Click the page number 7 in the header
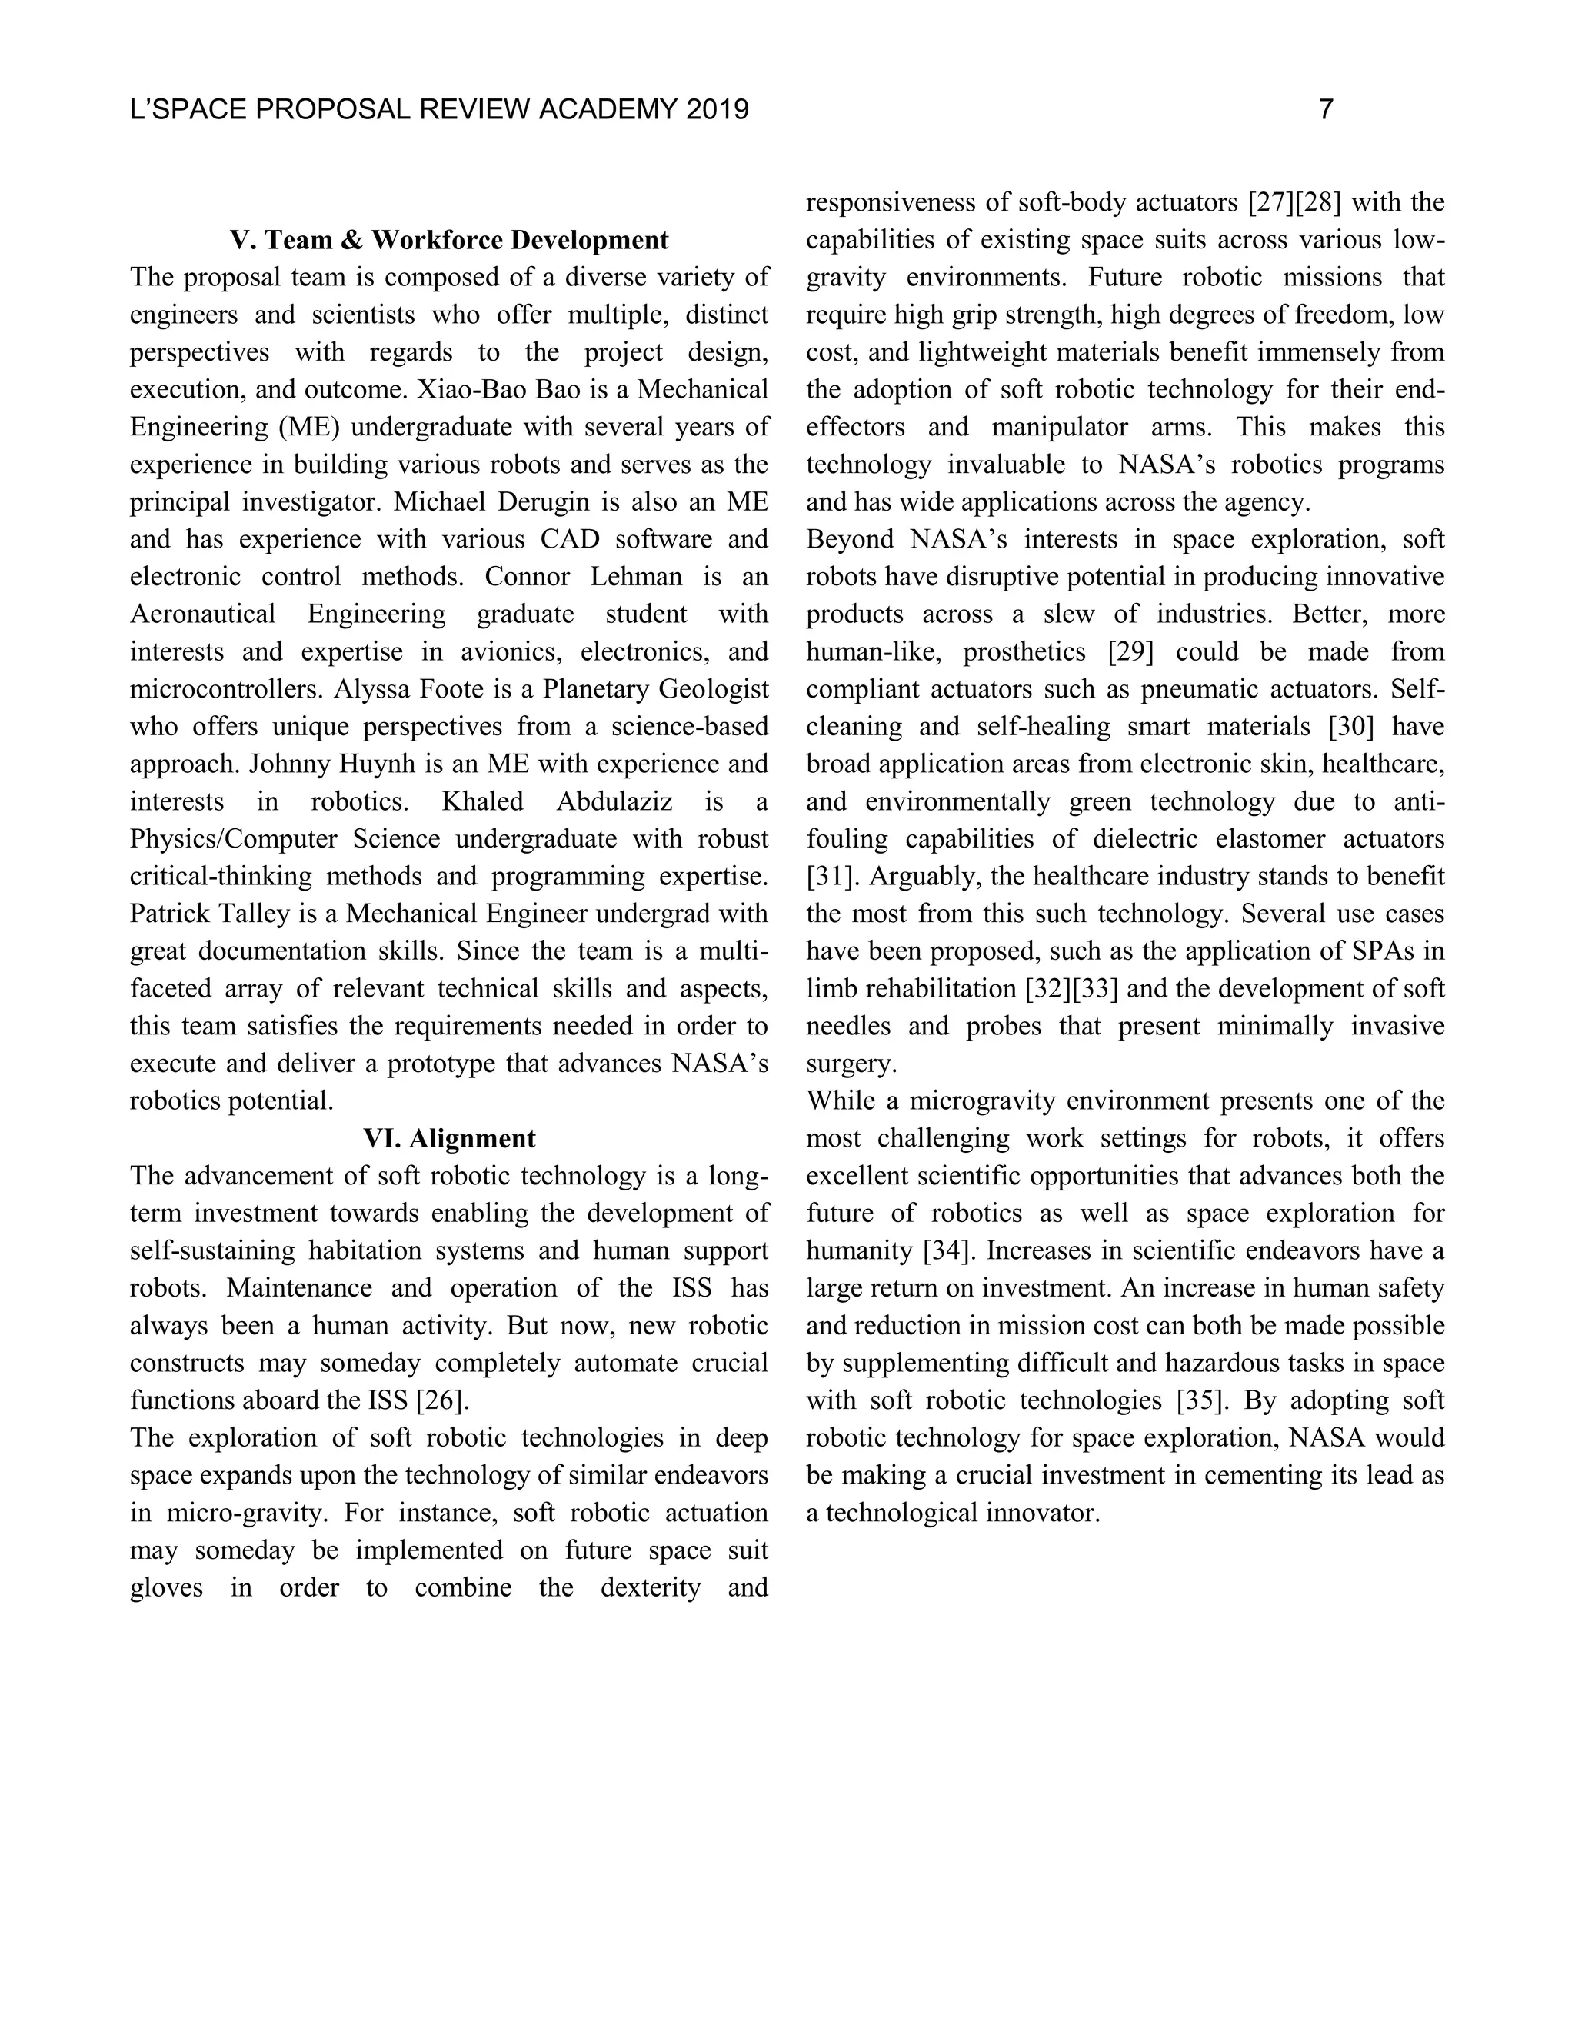[1325, 110]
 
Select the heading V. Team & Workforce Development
[449, 241]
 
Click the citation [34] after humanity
[947, 1251]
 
